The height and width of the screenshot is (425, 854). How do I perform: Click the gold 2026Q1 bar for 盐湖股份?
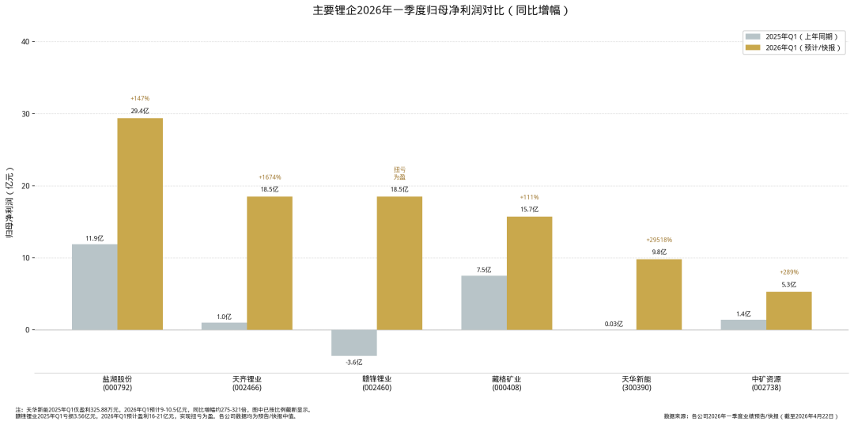coord(140,224)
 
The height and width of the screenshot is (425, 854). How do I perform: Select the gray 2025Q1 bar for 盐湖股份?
coord(94,286)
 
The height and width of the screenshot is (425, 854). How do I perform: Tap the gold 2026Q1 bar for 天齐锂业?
coord(270,263)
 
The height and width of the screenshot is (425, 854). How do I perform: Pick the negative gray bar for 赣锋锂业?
coord(353,343)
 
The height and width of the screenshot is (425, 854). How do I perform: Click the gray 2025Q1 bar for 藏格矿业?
coord(483,302)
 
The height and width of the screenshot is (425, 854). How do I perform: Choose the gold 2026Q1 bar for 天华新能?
coord(659,294)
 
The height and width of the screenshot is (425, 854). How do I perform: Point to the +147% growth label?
coord(140,98)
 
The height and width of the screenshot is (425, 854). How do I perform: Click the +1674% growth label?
coord(270,177)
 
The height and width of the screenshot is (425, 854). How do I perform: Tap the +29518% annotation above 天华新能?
coord(659,240)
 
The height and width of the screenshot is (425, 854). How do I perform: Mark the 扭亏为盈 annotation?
coord(399,173)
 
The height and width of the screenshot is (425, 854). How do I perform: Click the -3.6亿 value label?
coord(353,362)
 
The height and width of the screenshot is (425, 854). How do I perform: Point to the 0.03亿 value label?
coord(614,324)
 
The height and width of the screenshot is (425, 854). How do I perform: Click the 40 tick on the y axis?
coord(26,41)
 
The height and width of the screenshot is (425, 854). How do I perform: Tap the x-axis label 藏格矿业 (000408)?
coord(506,383)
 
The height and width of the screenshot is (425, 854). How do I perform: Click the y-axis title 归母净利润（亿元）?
coord(9,203)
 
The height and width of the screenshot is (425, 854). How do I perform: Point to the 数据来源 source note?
coord(750,416)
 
